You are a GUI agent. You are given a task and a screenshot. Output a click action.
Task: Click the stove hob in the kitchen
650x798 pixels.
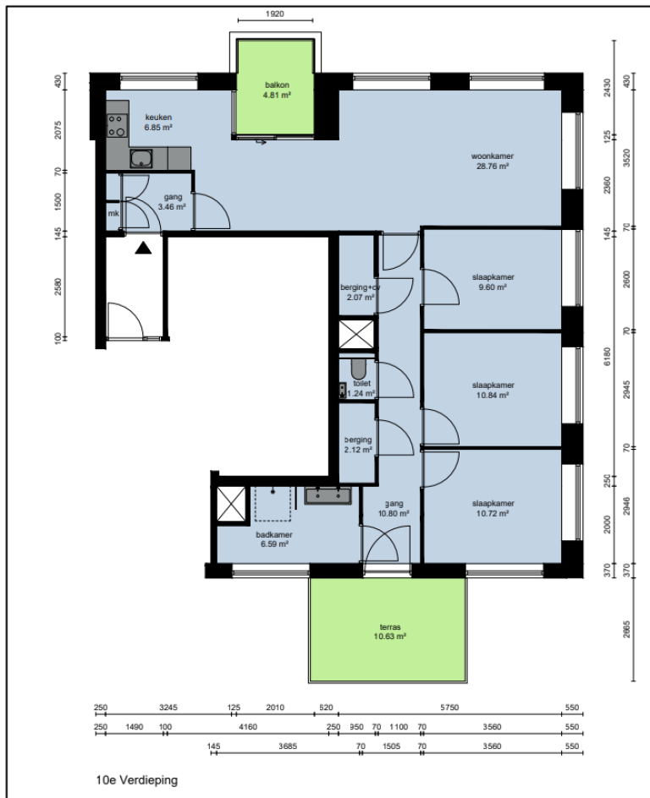tap(117, 126)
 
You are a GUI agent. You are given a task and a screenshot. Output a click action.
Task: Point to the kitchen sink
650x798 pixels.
tap(140, 157)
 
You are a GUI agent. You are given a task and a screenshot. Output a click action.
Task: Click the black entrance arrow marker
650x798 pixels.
tap(143, 247)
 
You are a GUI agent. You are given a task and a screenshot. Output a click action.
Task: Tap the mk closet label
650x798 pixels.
tap(113, 214)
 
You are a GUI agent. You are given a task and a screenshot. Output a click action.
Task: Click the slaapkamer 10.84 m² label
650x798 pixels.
tap(493, 390)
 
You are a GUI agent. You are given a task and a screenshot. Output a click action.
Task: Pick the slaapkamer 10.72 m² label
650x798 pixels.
tap(493, 508)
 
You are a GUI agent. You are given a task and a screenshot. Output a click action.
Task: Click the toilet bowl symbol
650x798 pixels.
tap(357, 369)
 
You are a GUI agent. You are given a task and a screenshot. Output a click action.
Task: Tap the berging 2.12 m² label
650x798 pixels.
tap(358, 445)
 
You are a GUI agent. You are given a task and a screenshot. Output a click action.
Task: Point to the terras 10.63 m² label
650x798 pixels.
tap(389, 631)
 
